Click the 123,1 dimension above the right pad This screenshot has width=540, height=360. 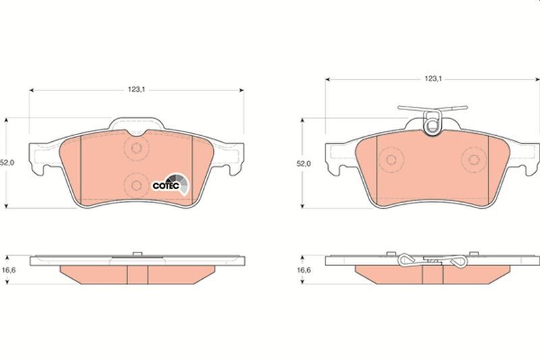pos(432,79)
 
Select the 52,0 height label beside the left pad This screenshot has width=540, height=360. pos(6,163)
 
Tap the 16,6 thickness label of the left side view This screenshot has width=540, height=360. pos(7,271)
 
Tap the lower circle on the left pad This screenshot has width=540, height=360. pos(136,184)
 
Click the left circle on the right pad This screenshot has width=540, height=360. pos(390,161)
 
